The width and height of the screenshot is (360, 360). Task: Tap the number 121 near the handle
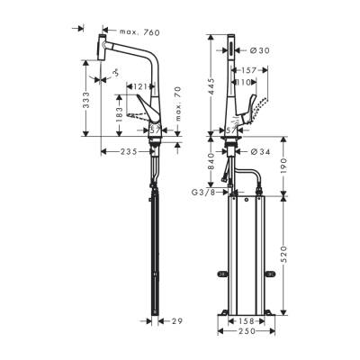138,86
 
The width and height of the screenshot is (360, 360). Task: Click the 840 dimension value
210,160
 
